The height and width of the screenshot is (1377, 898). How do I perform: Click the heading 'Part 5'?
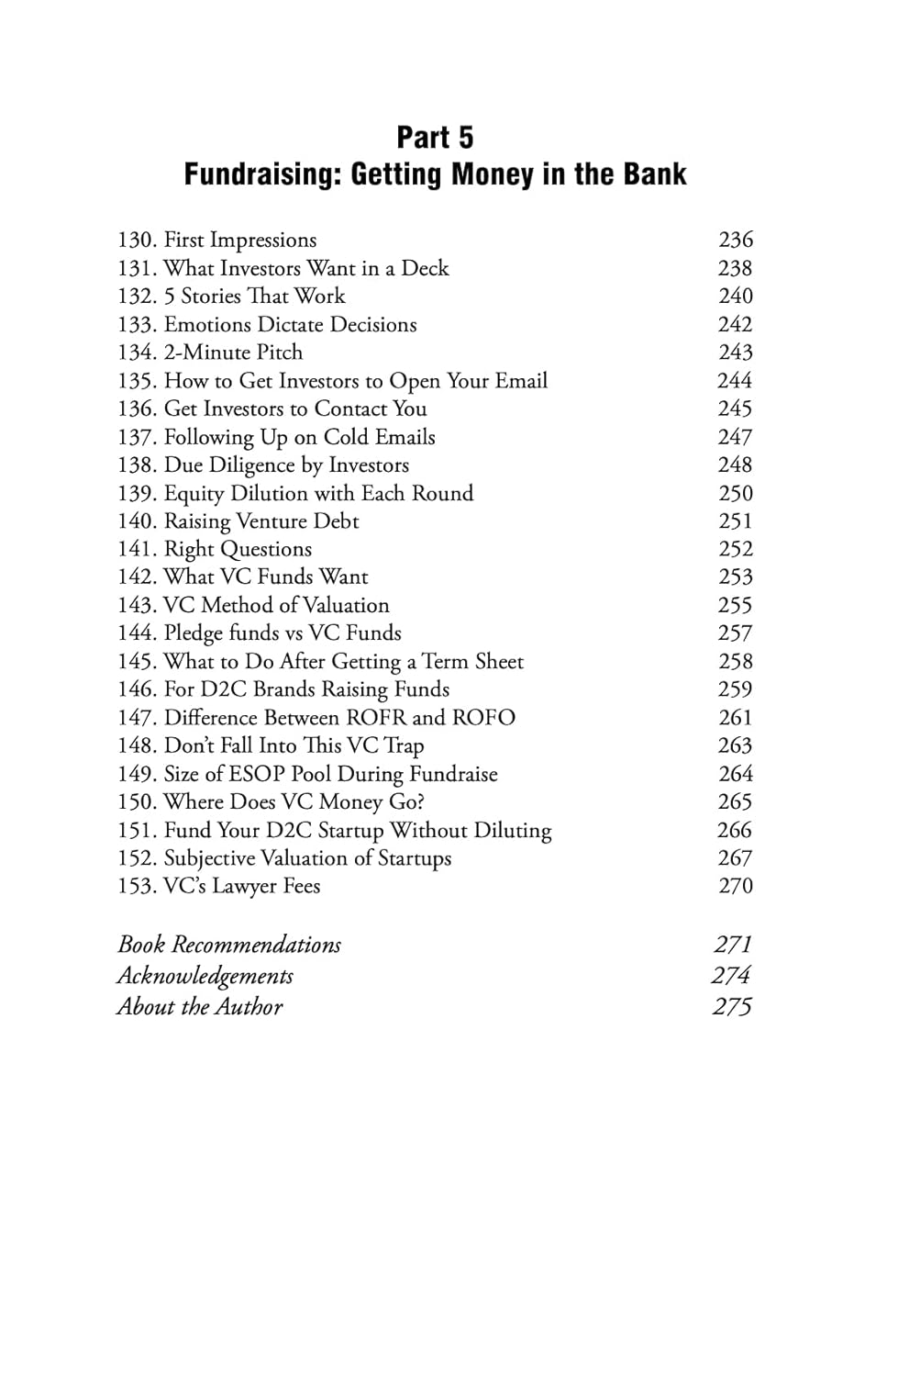pos(435,138)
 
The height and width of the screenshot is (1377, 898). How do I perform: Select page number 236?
pos(736,241)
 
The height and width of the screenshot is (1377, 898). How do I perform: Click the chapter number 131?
pos(136,269)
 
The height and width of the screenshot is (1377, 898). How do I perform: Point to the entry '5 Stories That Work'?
pos(254,297)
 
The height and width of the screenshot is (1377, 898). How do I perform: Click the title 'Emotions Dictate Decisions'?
pos(290,325)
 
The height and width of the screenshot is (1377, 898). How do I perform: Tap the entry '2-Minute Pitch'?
pos(233,353)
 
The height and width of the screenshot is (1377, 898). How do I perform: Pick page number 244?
pos(735,381)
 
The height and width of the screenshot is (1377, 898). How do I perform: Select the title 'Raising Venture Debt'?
pos(261,521)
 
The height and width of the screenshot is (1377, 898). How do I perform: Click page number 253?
pos(736,577)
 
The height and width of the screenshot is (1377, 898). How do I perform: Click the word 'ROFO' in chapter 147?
pos(483,718)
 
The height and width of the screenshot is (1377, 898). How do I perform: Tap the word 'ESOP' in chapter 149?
pos(257,774)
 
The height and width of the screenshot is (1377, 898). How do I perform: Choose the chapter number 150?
pos(136,802)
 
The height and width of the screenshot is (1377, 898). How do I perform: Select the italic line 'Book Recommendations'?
pos(229,945)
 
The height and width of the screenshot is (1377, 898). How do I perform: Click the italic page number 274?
pos(731,976)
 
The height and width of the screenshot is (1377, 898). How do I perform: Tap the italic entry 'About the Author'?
pos(200,1007)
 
